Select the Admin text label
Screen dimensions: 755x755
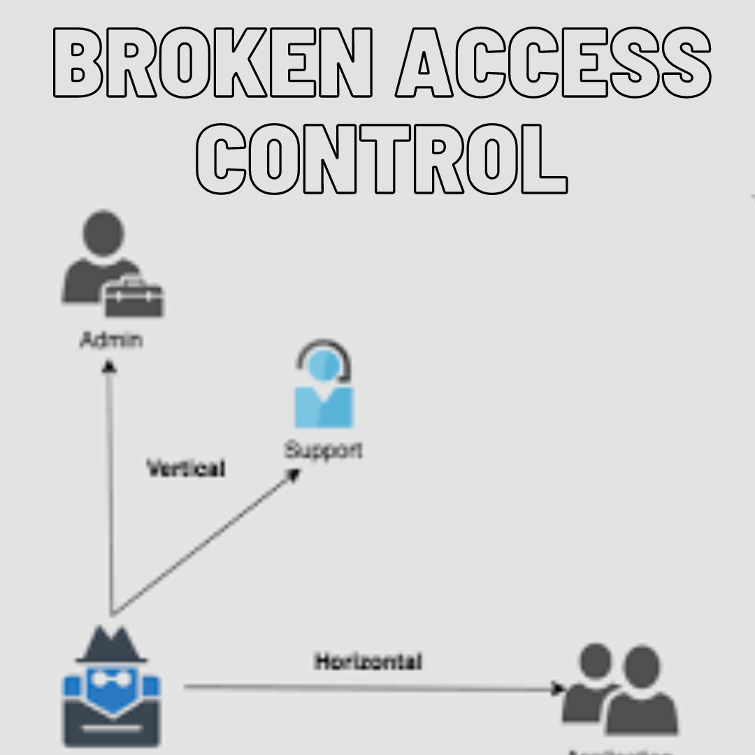[x=111, y=340]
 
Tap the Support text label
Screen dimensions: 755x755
[x=323, y=450]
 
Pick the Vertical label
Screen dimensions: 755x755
[x=186, y=468]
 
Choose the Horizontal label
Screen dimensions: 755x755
[x=368, y=661]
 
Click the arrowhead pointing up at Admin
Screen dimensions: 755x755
[x=109, y=366]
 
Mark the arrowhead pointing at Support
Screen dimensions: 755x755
[x=294, y=475]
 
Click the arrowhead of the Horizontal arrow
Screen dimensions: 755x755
[x=558, y=689]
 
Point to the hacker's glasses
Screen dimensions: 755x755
[x=112, y=678]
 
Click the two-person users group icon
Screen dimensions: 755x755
[x=621, y=689]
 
